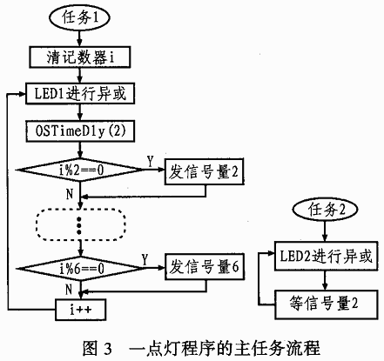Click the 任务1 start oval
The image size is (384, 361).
(80, 18)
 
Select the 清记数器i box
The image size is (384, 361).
(80, 57)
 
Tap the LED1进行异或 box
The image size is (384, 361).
(80, 94)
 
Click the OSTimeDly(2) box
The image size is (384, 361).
(80, 131)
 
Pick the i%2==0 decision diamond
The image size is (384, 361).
(80, 170)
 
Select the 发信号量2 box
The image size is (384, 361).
(205, 171)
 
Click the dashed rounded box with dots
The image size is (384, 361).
(81, 224)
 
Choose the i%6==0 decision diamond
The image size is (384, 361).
(80, 269)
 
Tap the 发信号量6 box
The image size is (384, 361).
(205, 267)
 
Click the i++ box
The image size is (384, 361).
(80, 310)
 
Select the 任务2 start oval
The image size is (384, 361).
(325, 210)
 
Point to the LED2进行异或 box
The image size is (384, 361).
(327, 256)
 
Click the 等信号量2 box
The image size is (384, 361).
(327, 304)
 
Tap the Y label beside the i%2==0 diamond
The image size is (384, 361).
(150, 162)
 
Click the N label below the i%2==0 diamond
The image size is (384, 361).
(70, 194)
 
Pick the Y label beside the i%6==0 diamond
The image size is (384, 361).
(145, 259)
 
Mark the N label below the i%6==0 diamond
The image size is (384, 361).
(69, 290)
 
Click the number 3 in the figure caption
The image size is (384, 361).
(107, 349)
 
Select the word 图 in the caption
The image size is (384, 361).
(90, 348)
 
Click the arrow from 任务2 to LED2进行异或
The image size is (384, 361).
(325, 231)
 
